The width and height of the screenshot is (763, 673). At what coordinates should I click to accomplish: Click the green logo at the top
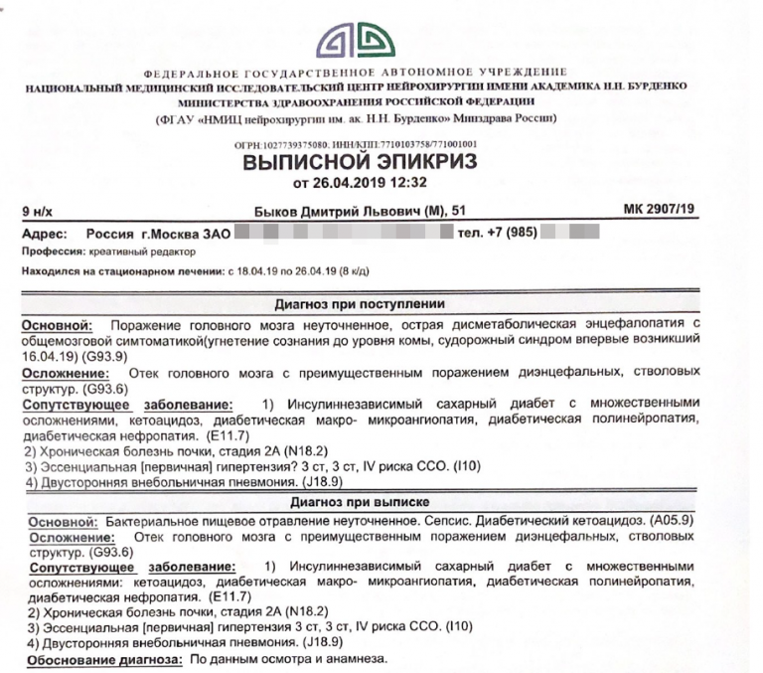[x=364, y=41]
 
